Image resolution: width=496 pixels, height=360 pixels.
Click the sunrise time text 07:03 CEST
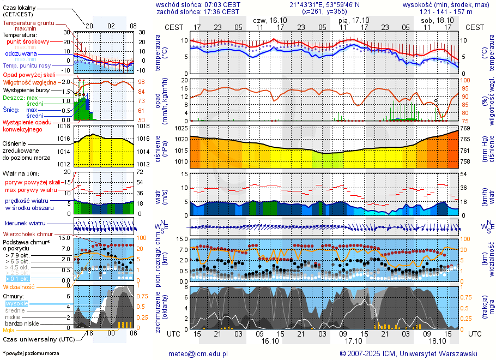pyautogui.click(x=217, y=4)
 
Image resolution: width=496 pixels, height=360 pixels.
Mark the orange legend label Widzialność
pyautogui.click(x=19, y=286)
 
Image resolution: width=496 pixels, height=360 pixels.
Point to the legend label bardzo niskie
pyautogui.click(x=21, y=323)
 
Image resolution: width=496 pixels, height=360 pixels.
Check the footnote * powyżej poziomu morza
pyautogui.click(x=31, y=353)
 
